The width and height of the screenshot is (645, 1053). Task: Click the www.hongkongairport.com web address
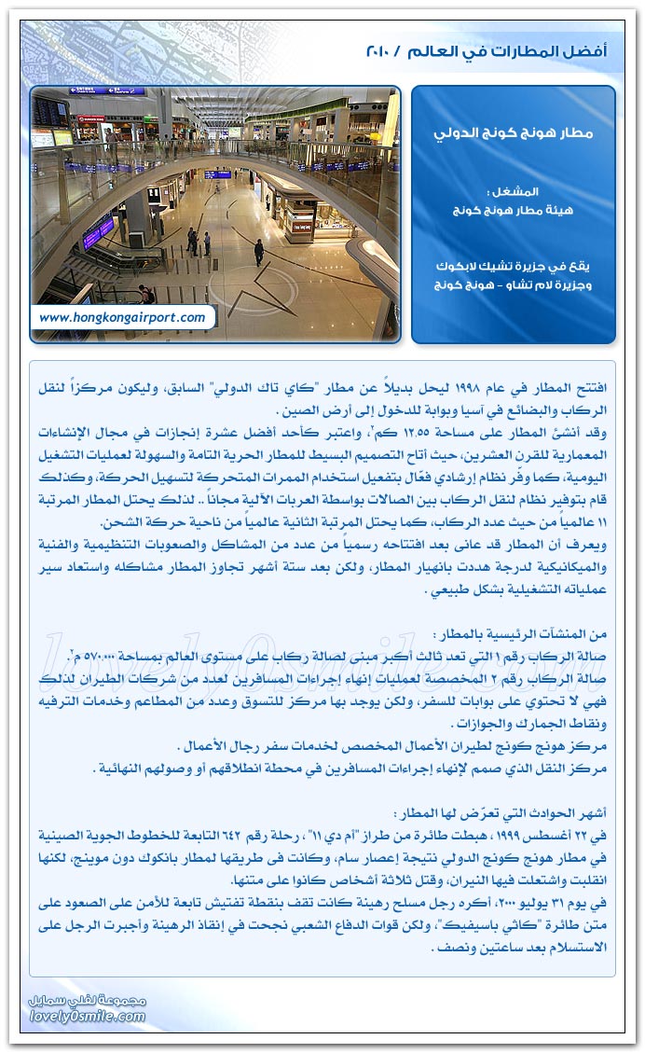tap(122, 317)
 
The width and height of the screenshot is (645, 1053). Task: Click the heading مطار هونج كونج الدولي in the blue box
tap(514, 132)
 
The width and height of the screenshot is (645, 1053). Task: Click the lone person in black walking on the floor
tap(258, 251)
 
